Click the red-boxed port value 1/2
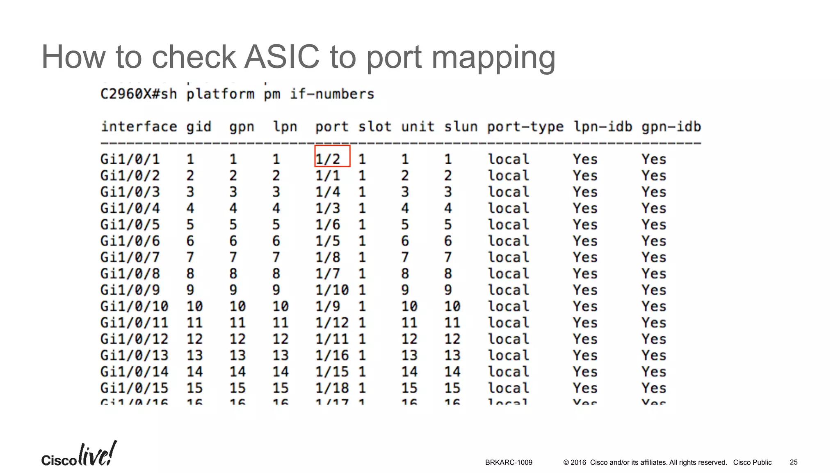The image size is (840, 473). point(328,159)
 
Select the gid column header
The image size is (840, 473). point(199,127)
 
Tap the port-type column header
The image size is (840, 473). point(525,127)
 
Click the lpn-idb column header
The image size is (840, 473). point(603,127)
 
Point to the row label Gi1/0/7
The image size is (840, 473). point(130,257)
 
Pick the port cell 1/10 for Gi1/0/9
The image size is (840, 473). point(332,290)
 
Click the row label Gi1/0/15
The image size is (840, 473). point(134,388)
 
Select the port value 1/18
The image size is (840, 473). point(332,388)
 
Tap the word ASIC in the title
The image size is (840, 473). point(281,57)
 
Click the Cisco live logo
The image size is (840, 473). point(79,455)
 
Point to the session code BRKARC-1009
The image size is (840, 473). point(509,462)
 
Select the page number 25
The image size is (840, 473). point(793,462)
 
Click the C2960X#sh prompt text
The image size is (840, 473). point(139,94)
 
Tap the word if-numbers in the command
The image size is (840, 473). point(332,94)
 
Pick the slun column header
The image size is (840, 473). point(461,127)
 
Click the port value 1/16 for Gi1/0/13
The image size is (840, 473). point(332,355)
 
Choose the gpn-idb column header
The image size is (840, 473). point(671,127)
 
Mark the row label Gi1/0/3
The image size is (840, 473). point(130,192)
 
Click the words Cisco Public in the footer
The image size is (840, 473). point(752,462)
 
